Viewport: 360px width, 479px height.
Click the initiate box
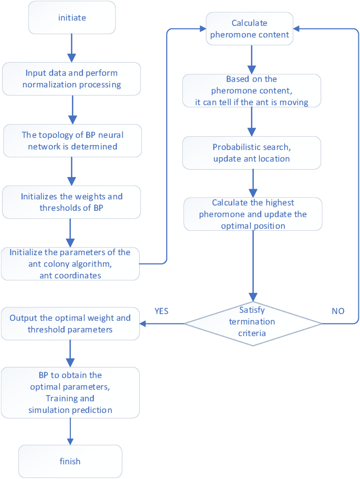[x=72, y=18]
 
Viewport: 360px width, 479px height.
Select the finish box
[x=70, y=461]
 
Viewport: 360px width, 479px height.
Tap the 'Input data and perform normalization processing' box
[x=72, y=79]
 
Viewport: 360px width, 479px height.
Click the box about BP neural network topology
[x=72, y=140]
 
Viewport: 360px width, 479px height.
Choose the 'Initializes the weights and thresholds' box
[x=72, y=202]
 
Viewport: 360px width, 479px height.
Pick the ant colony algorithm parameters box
[x=70, y=263]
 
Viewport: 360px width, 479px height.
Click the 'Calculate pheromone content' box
[x=250, y=28]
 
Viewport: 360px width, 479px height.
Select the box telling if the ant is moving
[x=252, y=90]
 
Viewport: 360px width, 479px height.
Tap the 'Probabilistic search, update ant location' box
[x=252, y=152]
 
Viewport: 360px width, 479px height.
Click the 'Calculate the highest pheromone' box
[x=252, y=213]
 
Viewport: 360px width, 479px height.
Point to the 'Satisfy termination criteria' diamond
[x=253, y=323]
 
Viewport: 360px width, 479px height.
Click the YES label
[x=161, y=311]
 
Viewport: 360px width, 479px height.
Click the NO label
[x=338, y=311]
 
